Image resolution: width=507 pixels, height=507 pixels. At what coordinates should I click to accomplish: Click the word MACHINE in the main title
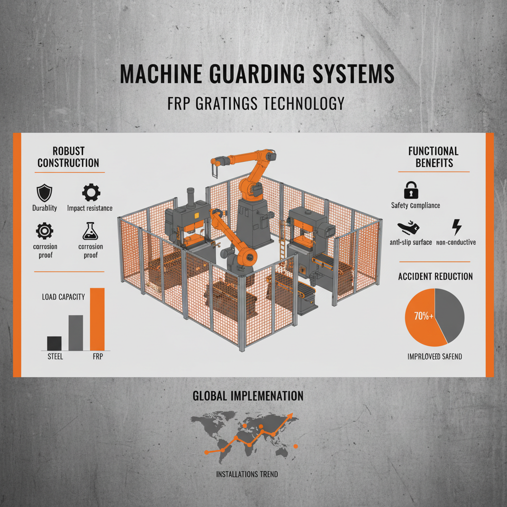(159, 74)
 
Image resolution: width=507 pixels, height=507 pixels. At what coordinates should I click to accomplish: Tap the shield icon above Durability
(45, 192)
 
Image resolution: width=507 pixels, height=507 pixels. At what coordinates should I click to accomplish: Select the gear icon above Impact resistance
(90, 192)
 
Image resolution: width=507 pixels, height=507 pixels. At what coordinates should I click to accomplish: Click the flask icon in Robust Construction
(90, 230)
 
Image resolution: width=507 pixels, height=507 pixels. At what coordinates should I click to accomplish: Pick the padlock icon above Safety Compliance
(411, 190)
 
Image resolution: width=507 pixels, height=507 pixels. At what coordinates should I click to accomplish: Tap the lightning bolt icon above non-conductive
(456, 227)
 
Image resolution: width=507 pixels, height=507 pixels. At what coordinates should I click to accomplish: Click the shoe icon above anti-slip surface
(409, 228)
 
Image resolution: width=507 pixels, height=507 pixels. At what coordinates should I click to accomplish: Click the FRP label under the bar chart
(97, 356)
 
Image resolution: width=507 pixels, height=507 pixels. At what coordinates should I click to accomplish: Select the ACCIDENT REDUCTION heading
(435, 276)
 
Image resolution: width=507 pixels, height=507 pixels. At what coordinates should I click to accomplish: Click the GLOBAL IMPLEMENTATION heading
(247, 396)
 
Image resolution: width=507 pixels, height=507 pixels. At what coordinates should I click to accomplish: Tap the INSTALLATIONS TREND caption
(247, 474)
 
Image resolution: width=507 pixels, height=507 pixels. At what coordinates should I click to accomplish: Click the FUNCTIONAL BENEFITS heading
(433, 157)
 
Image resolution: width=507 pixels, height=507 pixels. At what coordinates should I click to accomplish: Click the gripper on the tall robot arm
(214, 171)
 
